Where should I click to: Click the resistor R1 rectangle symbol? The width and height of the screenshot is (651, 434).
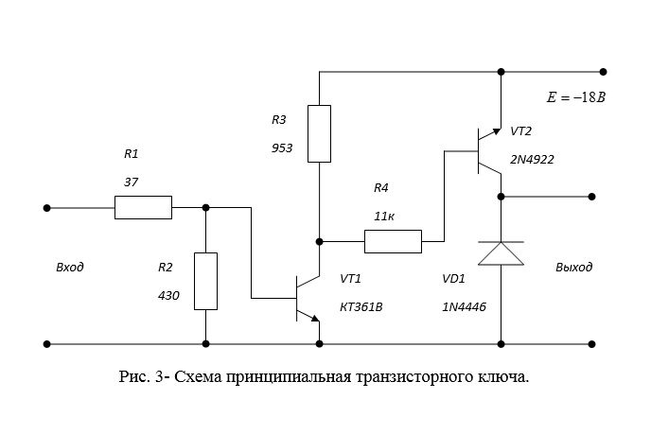click(143, 207)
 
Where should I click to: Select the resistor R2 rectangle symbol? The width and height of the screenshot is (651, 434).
click(205, 281)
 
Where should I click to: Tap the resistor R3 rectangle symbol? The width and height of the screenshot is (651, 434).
click(320, 133)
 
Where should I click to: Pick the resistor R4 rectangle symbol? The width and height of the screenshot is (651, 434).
click(393, 241)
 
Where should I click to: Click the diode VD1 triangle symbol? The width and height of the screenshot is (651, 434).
click(500, 253)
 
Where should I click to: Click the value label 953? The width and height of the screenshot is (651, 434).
click(282, 148)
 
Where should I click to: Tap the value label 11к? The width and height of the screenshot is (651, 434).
click(384, 217)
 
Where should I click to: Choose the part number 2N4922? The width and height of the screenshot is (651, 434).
click(532, 160)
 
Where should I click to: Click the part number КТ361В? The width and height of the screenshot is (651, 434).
click(361, 307)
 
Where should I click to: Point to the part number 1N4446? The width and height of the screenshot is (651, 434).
click(464, 307)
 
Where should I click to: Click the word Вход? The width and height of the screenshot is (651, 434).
click(70, 267)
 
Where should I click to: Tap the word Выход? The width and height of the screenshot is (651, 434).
click(573, 267)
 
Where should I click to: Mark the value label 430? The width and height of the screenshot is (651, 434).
click(168, 295)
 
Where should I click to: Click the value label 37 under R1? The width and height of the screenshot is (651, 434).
click(131, 181)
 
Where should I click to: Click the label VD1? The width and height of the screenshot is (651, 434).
click(455, 280)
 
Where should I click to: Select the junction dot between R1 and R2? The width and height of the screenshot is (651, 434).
click(205, 207)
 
